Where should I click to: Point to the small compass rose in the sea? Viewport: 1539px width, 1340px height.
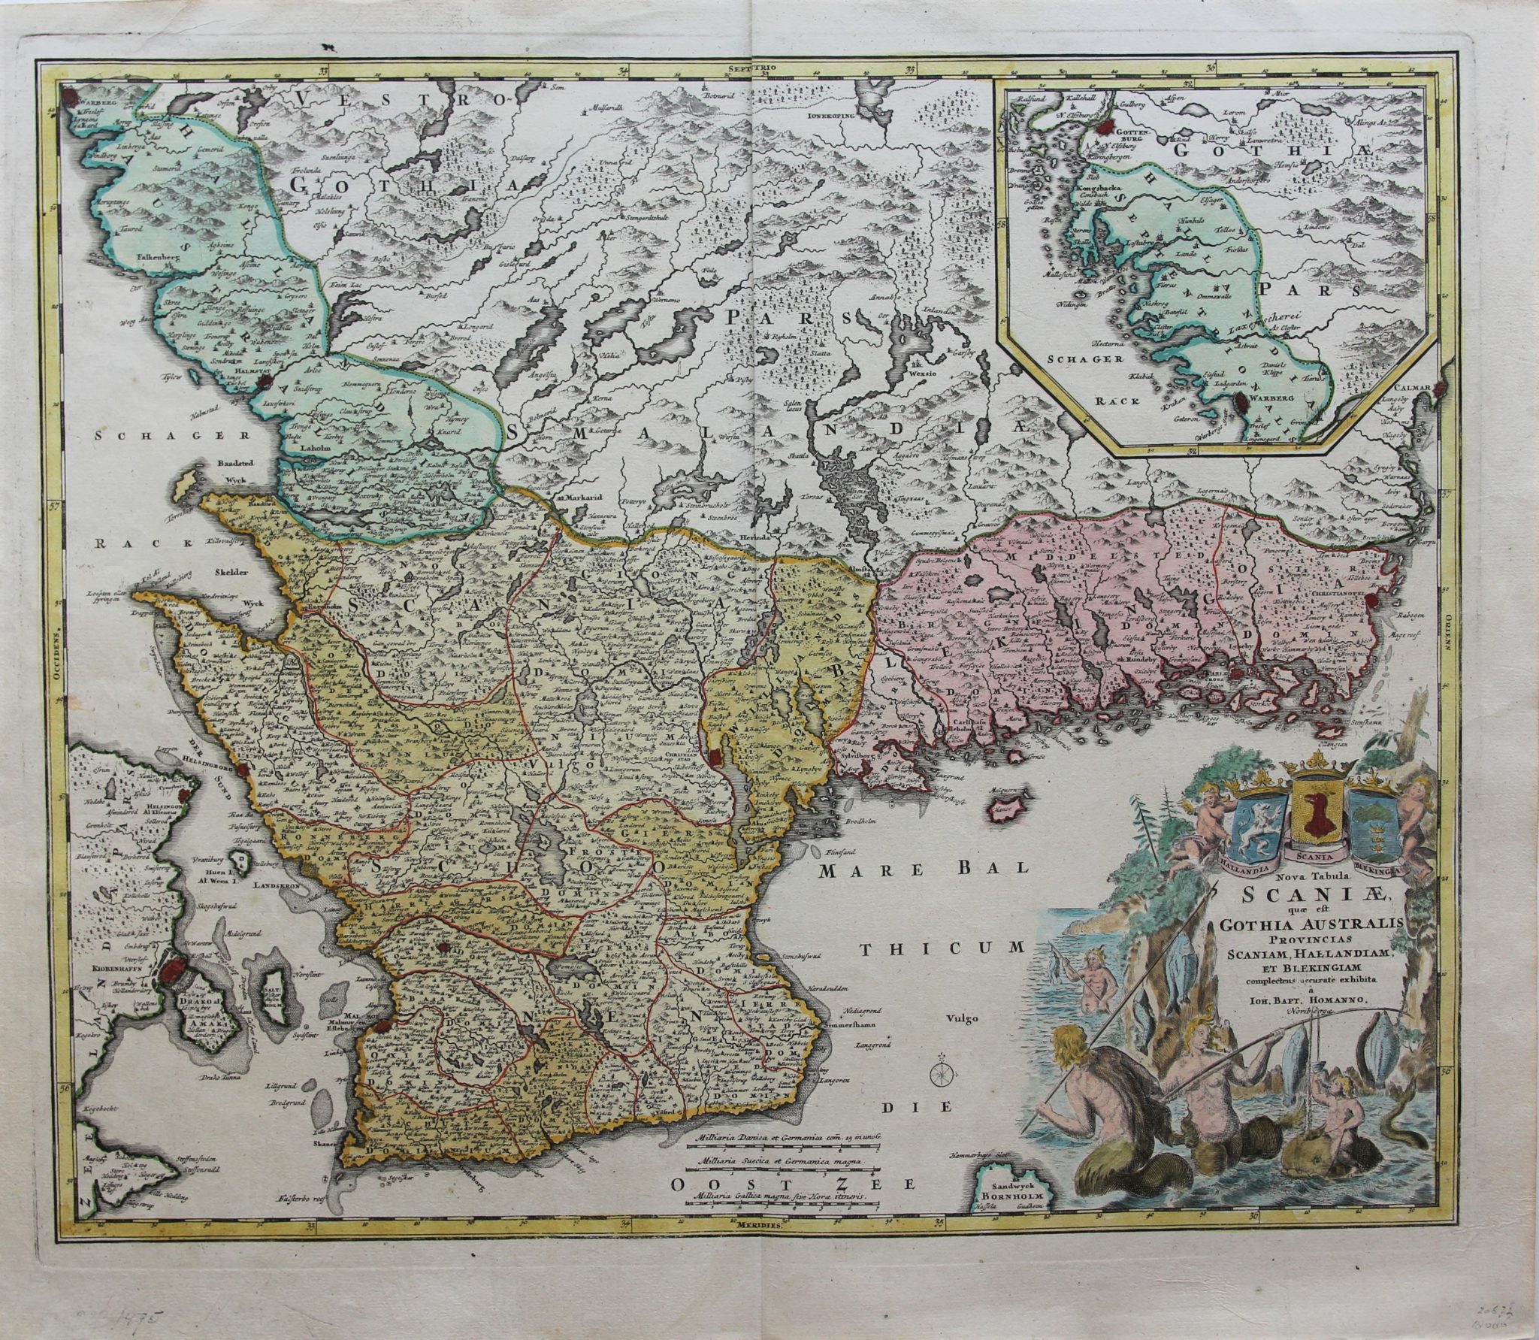[939, 1076]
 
